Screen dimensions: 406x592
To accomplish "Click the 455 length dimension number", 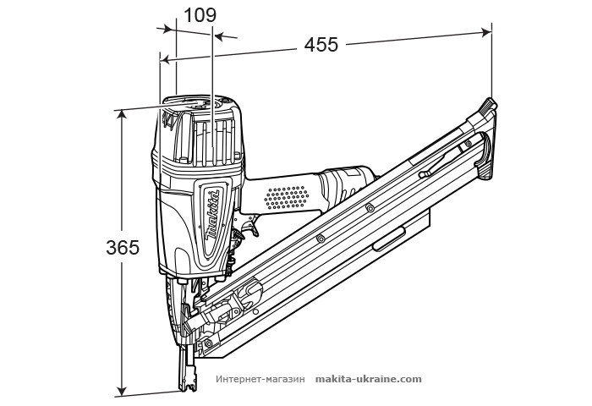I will [321, 46].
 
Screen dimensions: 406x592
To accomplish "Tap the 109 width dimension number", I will [200, 14].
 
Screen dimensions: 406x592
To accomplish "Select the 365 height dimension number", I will [123, 248].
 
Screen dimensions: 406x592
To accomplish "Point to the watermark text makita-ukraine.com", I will [368, 380].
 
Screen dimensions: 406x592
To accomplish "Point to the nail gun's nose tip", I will [186, 385].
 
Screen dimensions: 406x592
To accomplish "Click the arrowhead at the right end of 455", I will [487, 31].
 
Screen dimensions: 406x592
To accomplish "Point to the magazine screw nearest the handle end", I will [370, 208].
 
